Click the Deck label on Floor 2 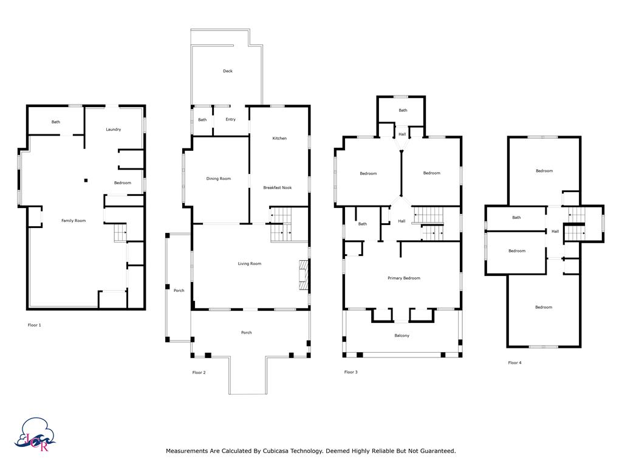[x=228, y=71]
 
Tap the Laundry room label [x=114, y=130]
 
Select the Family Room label [x=73, y=221]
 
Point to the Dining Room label [x=219, y=179]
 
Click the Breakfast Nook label [x=277, y=187]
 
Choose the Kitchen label [x=279, y=138]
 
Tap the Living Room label [x=250, y=264]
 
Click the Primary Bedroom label [x=404, y=278]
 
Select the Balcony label [x=402, y=336]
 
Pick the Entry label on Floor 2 [x=230, y=119]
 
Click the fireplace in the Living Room [x=304, y=275]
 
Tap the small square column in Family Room [x=86, y=181]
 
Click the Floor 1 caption [x=35, y=325]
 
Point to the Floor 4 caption [x=515, y=362]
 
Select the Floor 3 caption [x=351, y=372]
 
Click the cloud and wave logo [x=35, y=434]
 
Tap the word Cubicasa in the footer [x=275, y=451]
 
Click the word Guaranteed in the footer [x=438, y=451]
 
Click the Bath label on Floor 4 [x=516, y=218]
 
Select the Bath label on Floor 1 [x=56, y=122]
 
